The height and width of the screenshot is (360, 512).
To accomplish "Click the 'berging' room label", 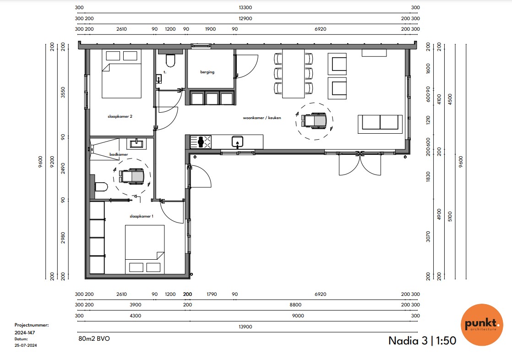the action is (x=207, y=72).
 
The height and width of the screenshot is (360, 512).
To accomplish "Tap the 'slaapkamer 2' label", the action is (x=120, y=116).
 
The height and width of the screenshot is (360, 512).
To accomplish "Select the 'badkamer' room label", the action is (x=119, y=154).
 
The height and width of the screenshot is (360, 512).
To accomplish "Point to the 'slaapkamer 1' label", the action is (x=142, y=216).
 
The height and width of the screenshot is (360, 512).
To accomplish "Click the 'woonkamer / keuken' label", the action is (x=262, y=118).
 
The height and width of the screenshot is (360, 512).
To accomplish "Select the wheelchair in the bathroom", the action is (x=131, y=176).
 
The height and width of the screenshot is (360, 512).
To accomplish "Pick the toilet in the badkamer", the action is (x=101, y=187).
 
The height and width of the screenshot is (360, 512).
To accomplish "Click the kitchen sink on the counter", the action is (x=237, y=142).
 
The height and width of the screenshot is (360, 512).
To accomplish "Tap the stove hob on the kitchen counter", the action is (x=201, y=142).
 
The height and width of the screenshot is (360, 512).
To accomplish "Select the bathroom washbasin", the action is (x=136, y=143).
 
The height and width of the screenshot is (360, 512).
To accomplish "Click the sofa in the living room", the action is (x=380, y=124).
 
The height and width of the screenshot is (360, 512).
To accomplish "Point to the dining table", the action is (x=293, y=73).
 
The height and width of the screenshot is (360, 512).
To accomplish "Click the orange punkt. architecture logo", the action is (x=482, y=325).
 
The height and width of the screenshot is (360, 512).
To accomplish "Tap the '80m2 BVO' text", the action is (x=94, y=338).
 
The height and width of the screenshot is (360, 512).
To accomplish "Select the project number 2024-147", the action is (x=25, y=333).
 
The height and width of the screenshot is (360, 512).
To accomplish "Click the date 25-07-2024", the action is (x=26, y=345).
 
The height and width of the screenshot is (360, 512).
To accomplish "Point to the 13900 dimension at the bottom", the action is (x=245, y=327).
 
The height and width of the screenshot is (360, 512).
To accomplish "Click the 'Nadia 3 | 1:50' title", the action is (x=422, y=341).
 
